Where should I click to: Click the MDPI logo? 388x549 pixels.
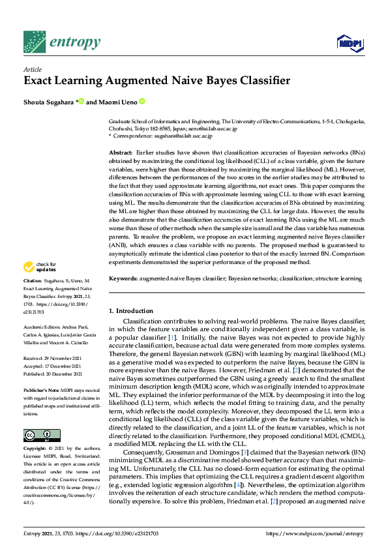tap(350, 44)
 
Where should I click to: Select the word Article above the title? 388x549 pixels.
tap(32, 69)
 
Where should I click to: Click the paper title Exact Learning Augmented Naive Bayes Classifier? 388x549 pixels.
tap(147, 82)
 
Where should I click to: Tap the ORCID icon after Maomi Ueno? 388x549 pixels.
tap(142, 102)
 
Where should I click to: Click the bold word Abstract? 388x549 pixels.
tap(121, 151)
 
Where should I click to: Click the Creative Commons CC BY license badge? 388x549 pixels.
tap(38, 435)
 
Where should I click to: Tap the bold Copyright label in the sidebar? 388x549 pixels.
tap(35, 449)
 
